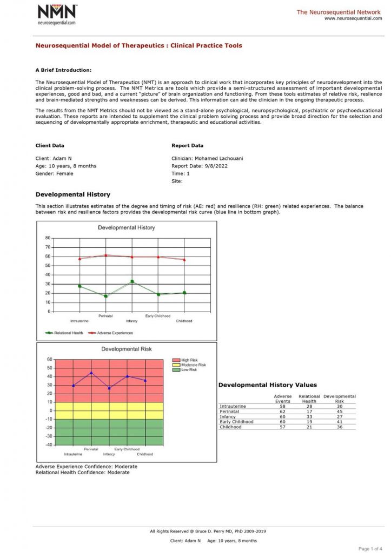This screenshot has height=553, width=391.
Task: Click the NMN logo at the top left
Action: [57, 14]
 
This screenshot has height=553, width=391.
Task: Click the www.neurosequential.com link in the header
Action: [353, 18]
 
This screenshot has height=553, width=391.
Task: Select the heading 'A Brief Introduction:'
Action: [63, 70]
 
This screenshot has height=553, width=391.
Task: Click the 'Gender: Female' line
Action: [54, 173]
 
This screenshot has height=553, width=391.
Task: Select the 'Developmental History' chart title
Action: [126, 227]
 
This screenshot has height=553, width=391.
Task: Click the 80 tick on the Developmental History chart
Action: [48, 238]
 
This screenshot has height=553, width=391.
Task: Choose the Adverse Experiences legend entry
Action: [110, 333]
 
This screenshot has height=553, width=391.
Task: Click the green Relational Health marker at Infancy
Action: [131, 281]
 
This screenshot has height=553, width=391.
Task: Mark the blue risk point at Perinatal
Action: [91, 373]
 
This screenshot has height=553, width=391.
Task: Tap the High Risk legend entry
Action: [189, 360]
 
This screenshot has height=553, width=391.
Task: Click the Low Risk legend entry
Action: [188, 370]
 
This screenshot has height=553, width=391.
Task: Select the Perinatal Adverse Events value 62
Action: [282, 412]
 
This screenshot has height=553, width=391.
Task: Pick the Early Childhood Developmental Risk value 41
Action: [339, 422]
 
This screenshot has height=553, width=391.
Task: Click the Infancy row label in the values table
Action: [228, 417]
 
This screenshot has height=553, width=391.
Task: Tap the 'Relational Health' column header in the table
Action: [309, 399]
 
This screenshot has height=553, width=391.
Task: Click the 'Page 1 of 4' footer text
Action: [370, 549]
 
